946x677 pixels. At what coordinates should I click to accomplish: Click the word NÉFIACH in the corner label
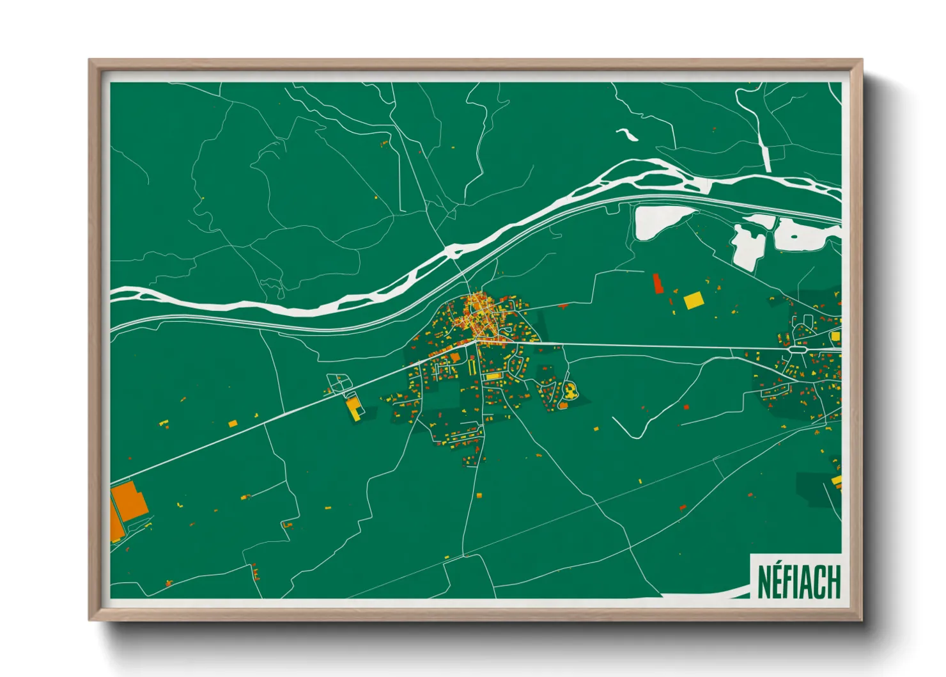[x=798, y=581]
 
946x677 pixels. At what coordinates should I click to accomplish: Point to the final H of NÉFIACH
[x=833, y=582]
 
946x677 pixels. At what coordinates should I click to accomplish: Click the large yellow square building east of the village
[x=693, y=301]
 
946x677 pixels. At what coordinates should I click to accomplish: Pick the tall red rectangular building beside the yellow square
[x=657, y=283]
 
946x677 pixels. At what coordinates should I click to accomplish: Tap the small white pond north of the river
[x=627, y=134]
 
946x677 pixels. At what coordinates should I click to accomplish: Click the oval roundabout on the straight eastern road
[x=799, y=349]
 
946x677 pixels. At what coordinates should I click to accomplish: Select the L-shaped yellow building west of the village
[x=353, y=409]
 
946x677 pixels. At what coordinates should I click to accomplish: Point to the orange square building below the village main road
[x=455, y=357]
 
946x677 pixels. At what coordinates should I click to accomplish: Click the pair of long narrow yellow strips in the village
[x=473, y=365]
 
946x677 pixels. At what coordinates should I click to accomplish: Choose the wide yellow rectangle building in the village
[x=492, y=377]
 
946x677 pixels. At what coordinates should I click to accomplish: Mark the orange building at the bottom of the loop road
[x=564, y=404]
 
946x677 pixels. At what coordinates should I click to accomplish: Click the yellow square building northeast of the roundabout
[x=835, y=336]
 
